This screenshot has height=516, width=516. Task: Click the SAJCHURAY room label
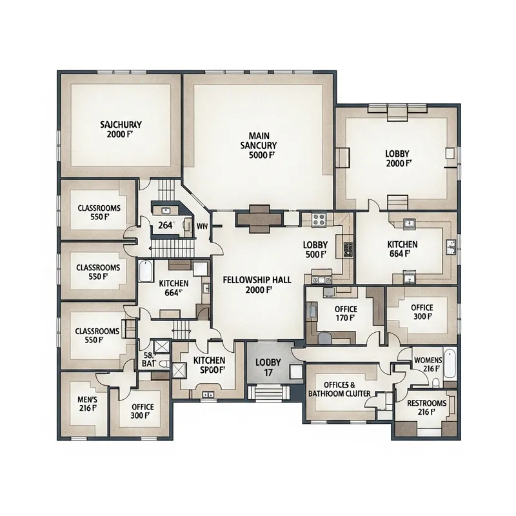pyautogui.click(x=121, y=124)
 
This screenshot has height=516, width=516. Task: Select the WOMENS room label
pyautogui.click(x=427, y=359)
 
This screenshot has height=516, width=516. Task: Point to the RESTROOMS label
pyautogui.click(x=427, y=403)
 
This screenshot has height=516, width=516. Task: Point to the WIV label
pyautogui.click(x=201, y=226)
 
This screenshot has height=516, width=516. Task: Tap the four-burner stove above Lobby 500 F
pyautogui.click(x=319, y=219)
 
